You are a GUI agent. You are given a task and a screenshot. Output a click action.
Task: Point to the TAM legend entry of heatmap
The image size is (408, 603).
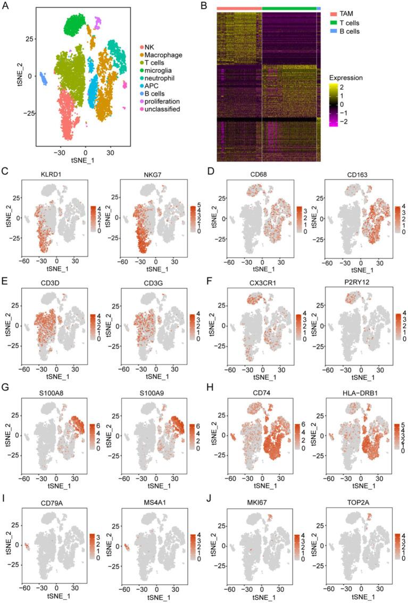pos(348,10)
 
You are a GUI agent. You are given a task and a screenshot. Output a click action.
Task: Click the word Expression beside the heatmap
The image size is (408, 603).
pos(346,78)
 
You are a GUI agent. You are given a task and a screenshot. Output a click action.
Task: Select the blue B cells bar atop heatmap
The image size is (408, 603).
pos(319,9)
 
